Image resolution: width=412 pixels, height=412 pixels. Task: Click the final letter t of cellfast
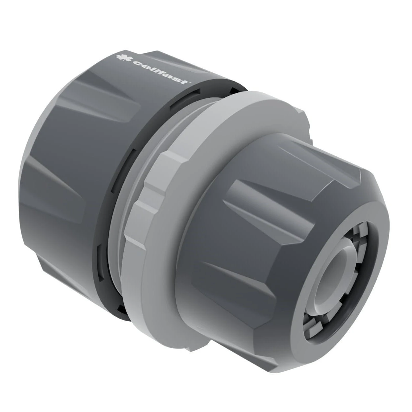point(185,81)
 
